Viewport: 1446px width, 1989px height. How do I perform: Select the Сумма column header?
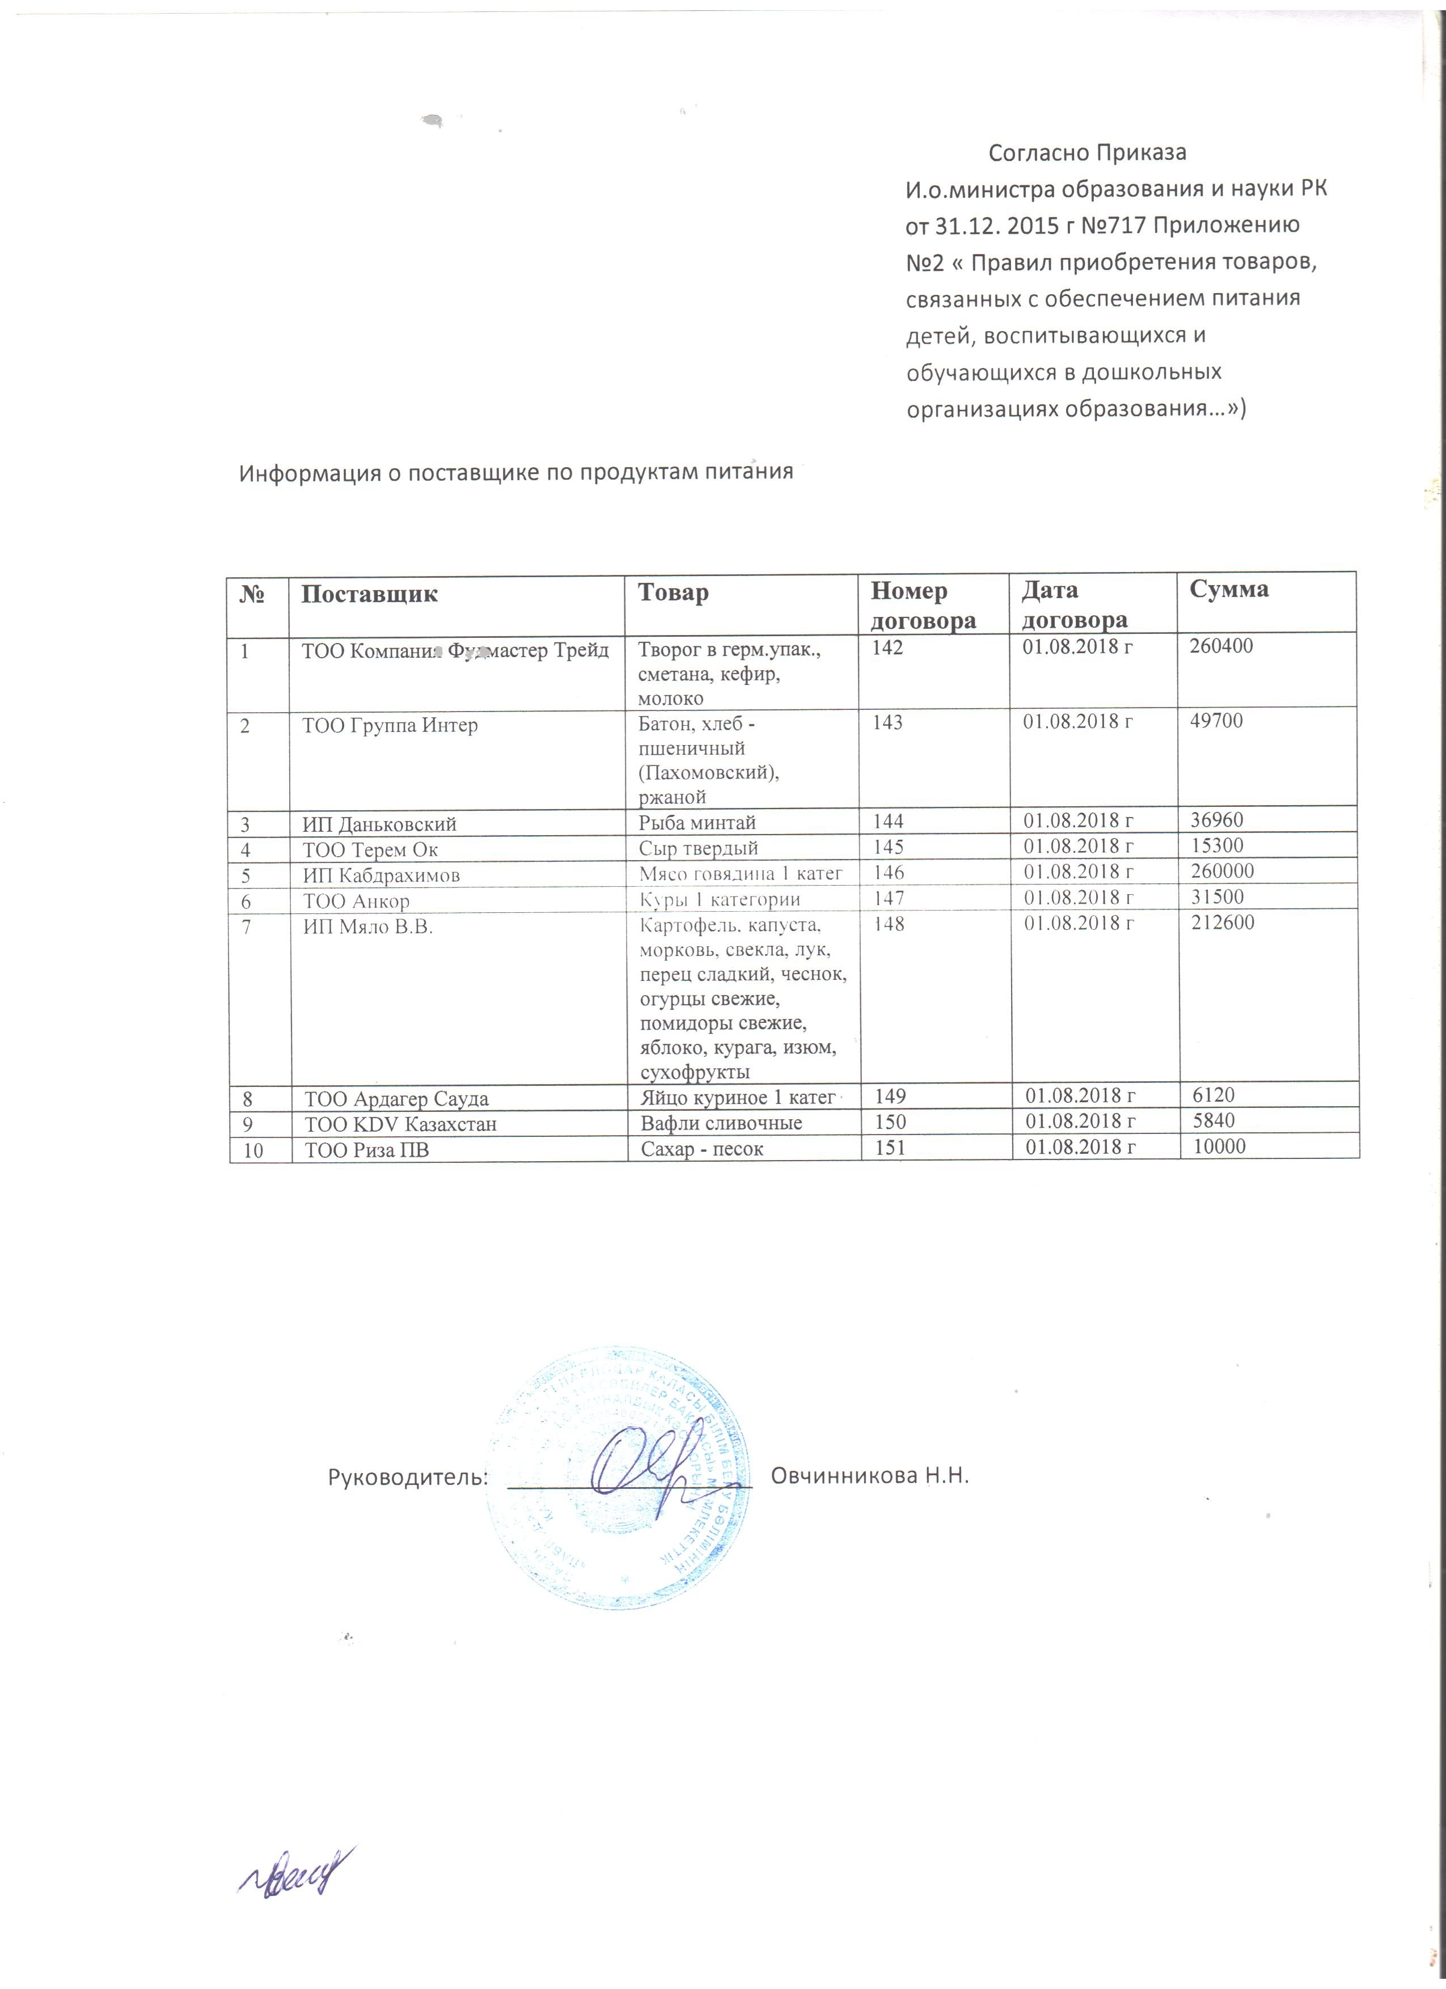point(1228,589)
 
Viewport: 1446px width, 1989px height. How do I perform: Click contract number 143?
point(887,722)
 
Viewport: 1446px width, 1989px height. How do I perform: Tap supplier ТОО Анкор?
point(356,900)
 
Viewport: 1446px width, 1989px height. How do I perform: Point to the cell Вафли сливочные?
point(721,1123)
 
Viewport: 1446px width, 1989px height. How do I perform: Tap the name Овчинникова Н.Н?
point(869,1476)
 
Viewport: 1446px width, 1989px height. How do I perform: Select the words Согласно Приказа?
point(1088,153)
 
